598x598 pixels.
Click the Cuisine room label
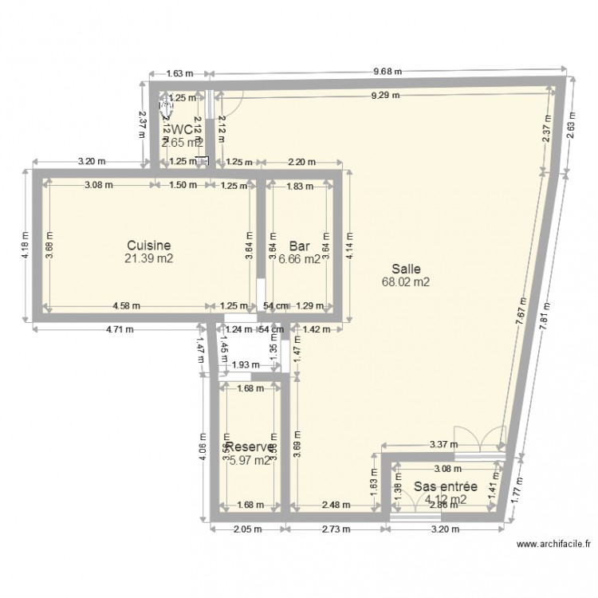(x=148, y=246)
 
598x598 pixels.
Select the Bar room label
(x=299, y=246)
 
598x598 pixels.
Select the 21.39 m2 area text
(x=148, y=258)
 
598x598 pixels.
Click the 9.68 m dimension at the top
(x=388, y=71)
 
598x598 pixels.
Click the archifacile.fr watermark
(x=554, y=545)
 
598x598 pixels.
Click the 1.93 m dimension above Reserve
(x=242, y=365)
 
